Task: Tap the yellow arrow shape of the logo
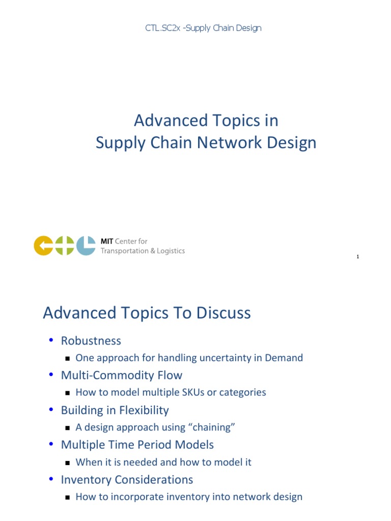(43, 246)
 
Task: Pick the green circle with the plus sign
(65, 246)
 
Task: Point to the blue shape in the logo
(86, 246)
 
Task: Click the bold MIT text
(107, 241)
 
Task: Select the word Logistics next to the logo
(170, 251)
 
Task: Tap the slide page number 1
(358, 257)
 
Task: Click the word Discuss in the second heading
(224, 313)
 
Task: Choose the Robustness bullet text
(91, 340)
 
